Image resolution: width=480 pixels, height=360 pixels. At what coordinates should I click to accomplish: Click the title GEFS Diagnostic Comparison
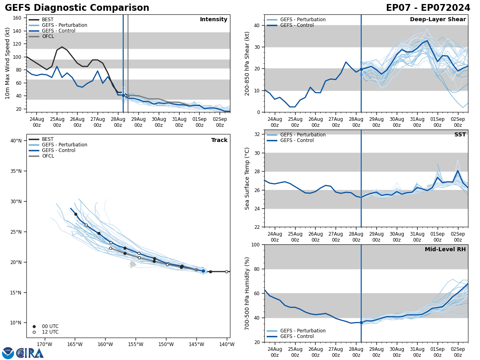pyautogui.click(x=77, y=8)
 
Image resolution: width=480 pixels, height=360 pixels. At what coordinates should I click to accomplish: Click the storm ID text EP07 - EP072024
pyautogui.click(x=428, y=8)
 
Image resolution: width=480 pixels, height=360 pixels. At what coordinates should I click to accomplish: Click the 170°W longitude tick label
pyautogui.click(x=44, y=344)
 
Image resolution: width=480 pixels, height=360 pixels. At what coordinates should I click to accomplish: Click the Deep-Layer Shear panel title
pyautogui.click(x=438, y=20)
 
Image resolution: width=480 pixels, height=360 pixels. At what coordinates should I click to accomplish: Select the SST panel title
pyautogui.click(x=460, y=135)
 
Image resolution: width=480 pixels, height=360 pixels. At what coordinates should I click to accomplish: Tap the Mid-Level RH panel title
pyautogui.click(x=445, y=250)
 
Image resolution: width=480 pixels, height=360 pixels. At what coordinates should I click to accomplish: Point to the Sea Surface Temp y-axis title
pyautogui.click(x=247, y=178)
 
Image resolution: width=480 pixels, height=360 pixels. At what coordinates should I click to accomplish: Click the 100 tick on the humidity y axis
pyautogui.click(x=256, y=244)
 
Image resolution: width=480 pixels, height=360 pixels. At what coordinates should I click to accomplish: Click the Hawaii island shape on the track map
pyautogui.click(x=133, y=264)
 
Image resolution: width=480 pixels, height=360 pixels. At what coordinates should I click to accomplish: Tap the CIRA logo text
pyautogui.click(x=30, y=353)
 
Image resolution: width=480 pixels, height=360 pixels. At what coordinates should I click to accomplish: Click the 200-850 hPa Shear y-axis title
pyautogui.click(x=247, y=64)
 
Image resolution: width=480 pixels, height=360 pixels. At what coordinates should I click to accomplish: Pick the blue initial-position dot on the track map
pyautogui.click(x=203, y=271)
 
